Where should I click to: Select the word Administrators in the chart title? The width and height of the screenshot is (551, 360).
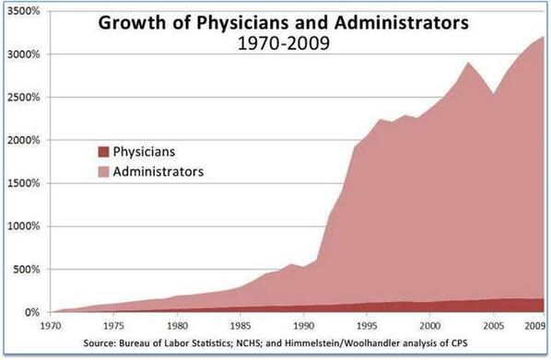pos(402,22)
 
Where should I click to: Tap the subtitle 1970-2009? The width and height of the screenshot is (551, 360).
pos(284,43)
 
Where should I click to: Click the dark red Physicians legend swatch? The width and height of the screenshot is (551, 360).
pos(104,152)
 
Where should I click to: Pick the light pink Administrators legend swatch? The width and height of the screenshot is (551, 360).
pos(104,172)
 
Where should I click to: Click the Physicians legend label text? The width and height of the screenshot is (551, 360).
pos(144,152)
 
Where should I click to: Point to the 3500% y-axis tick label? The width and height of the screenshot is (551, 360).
pos(24,11)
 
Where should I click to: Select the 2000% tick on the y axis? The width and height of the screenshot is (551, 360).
pos(24,141)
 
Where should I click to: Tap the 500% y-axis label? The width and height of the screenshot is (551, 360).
pos(27,270)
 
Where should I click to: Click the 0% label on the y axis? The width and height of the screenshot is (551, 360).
pos(32,312)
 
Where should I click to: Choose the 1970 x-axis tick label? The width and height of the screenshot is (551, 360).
pos(51,326)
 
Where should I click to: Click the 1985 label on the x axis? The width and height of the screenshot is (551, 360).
pos(240,326)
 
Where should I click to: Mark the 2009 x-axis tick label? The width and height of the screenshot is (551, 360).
pos(534,326)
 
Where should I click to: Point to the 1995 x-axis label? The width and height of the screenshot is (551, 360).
pos(367,326)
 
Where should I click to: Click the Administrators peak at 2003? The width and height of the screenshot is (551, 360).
pos(468,63)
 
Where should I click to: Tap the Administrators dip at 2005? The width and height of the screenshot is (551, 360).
pos(493,94)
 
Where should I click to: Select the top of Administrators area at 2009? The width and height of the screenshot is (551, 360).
pos(544,37)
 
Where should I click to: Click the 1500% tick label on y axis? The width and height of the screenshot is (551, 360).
pos(24,183)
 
